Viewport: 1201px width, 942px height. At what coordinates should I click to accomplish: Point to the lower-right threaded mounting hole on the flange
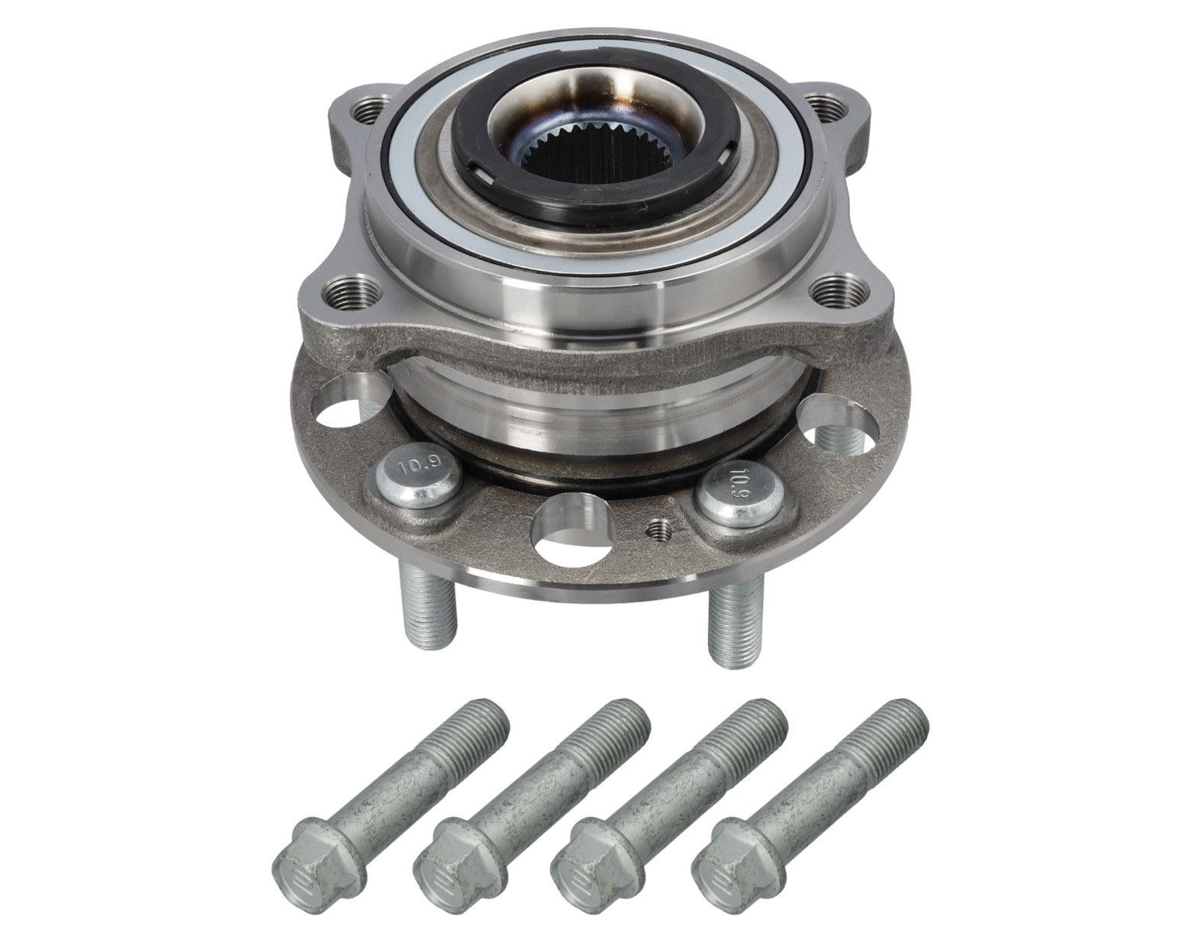(x=836, y=288)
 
